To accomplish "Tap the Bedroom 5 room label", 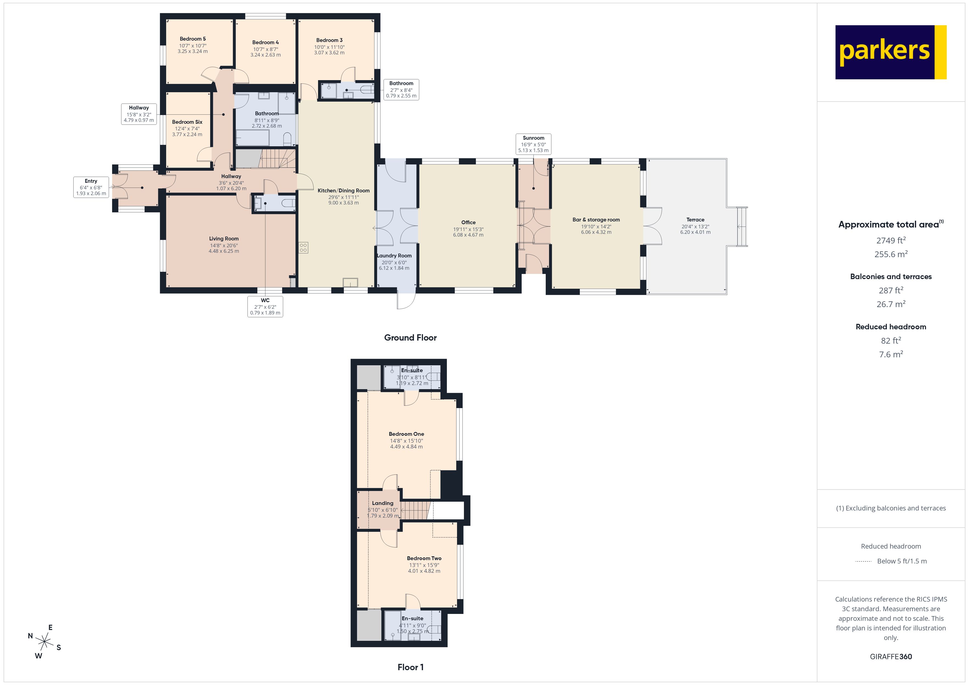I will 193,39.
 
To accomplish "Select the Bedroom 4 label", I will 266,42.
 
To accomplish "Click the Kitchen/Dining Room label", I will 344,191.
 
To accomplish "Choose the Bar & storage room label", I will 596,220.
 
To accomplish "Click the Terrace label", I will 695,220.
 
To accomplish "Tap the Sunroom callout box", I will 533,144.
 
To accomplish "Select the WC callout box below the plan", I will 265,306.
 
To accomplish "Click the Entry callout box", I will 91,187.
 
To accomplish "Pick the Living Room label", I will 224,239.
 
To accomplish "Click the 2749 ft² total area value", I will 890,240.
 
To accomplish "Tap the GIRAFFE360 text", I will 890,657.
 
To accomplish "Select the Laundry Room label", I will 394,256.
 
